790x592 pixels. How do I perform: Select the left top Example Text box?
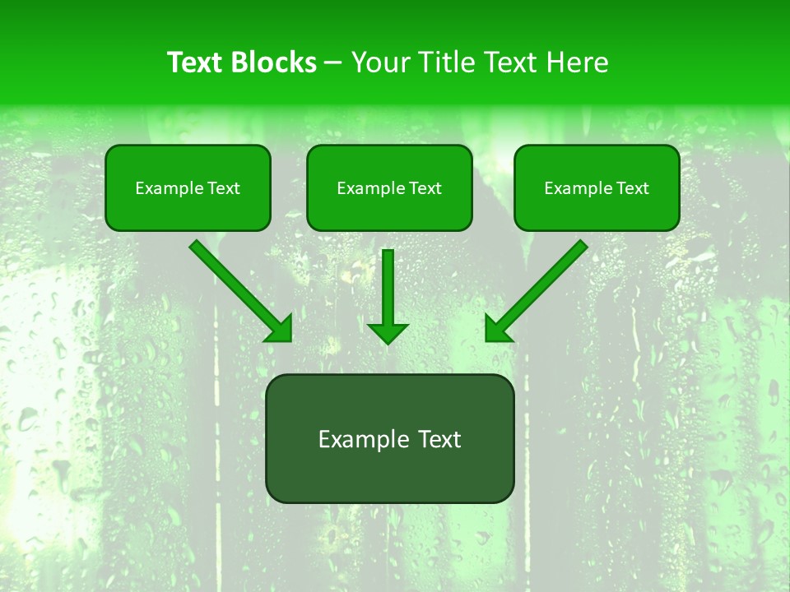(188, 187)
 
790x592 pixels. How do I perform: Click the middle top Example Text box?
(389, 187)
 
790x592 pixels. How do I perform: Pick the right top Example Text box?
(597, 187)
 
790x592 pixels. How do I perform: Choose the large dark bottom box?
(389, 438)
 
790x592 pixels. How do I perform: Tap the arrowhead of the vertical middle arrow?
(388, 333)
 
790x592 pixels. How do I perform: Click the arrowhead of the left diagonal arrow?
(281, 330)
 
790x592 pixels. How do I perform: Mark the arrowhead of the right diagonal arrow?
(496, 330)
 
